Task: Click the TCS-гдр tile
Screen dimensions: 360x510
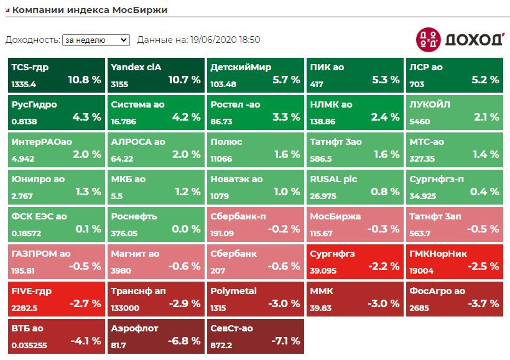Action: [56, 74]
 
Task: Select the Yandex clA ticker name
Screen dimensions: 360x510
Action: [136, 67]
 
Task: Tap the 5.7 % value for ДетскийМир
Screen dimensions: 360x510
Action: [286, 80]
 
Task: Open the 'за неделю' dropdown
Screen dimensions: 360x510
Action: [96, 40]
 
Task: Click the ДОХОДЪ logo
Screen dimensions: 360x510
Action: [460, 39]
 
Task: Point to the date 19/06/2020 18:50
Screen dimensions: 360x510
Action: [226, 40]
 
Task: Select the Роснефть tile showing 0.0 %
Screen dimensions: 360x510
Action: [155, 223]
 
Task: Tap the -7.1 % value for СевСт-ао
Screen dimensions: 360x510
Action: [286, 341]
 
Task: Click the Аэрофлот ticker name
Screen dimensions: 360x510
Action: [135, 328]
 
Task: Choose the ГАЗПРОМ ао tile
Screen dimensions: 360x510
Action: [56, 261]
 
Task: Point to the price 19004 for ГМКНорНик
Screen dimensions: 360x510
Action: [422, 270]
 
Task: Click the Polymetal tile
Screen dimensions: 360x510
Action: [255, 298]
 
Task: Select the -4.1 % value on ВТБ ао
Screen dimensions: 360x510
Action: [86, 341]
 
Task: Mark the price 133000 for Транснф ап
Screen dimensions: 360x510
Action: [125, 308]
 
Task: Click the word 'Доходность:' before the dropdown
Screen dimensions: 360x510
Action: [32, 40]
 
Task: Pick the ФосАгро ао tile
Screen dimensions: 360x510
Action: [454, 298]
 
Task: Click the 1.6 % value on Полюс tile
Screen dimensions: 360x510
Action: [287, 154]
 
